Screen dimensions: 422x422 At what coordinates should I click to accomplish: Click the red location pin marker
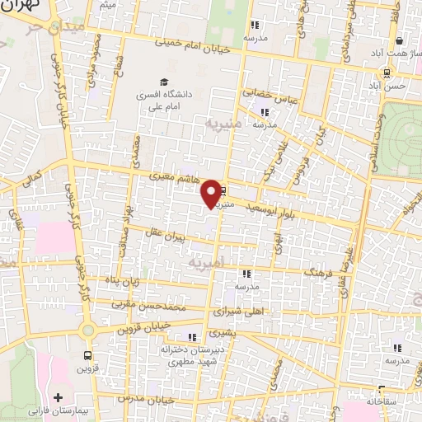pos(213,193)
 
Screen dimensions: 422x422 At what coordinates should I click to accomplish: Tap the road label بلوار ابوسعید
pos(275,209)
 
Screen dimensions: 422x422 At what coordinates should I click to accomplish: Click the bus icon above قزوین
pos(87,356)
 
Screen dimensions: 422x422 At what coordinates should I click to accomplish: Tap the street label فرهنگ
pos(320,270)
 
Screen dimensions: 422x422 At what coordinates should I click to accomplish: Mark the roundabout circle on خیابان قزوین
pos(87,330)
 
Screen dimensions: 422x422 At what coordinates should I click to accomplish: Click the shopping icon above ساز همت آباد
pos(399,40)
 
